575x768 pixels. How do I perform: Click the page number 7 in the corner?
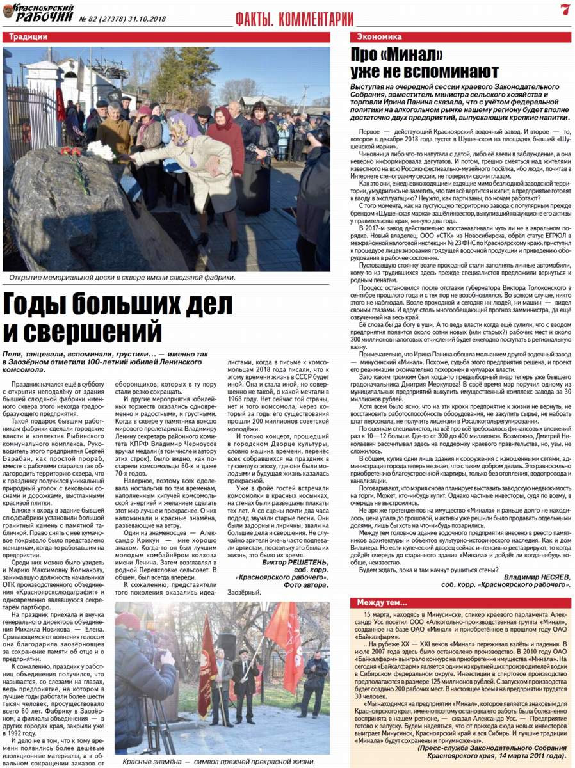[x=563, y=10]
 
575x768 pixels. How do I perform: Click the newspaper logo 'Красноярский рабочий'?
[x=38, y=13]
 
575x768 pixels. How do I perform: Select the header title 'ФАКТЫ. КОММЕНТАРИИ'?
[x=294, y=18]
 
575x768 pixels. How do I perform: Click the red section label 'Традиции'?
[x=29, y=37]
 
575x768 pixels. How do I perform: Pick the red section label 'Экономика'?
[x=380, y=37]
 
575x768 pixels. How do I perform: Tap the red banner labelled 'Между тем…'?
[x=383, y=602]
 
